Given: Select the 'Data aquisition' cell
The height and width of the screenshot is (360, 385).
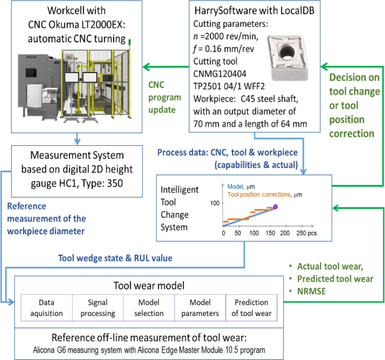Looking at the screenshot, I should click(x=46, y=308).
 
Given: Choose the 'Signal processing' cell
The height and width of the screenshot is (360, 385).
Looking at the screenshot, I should click(x=98, y=308).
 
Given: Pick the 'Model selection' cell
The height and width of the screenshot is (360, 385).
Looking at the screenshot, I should click(x=149, y=308).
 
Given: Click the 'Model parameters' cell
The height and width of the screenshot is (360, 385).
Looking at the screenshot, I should click(x=200, y=308).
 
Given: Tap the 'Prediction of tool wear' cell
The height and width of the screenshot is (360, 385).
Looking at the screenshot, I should click(x=251, y=308).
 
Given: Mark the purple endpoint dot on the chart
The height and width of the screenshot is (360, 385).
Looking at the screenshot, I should click(x=276, y=206).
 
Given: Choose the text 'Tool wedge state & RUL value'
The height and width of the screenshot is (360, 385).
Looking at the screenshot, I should click(x=115, y=258).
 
